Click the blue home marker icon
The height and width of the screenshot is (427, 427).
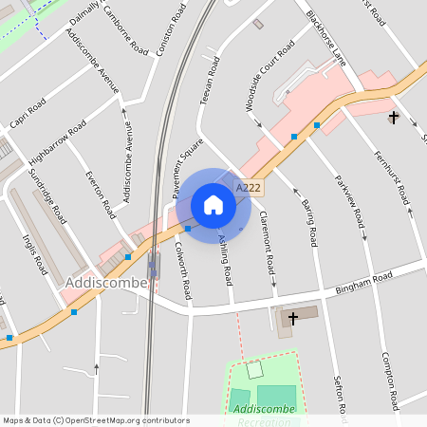pos(213,205)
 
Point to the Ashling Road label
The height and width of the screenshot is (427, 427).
pos(225,260)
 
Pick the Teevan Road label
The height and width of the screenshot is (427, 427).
pos(209,80)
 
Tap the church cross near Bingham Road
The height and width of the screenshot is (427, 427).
pos(292,317)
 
